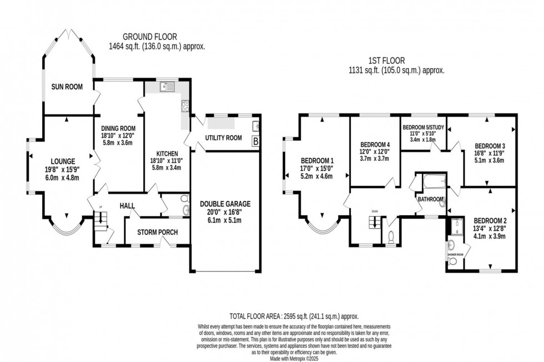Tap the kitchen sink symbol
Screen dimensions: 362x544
click(x=166, y=86)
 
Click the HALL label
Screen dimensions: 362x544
click(x=128, y=206)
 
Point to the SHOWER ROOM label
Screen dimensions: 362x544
click(x=455, y=256)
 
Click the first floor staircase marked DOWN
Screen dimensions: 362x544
click(x=375, y=222)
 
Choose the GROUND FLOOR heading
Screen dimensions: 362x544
click(x=157, y=39)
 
